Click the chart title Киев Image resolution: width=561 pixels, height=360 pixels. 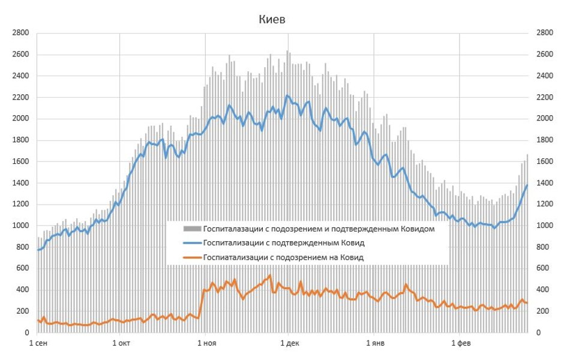pyautogui.click(x=272, y=20)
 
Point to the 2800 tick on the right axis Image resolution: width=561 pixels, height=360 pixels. pyautogui.click(x=545, y=33)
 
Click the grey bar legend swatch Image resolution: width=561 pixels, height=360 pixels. pyautogui.click(x=191, y=229)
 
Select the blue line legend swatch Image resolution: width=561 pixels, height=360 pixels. pyautogui.click(x=191, y=243)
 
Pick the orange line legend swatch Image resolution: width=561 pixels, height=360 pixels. pyautogui.click(x=191, y=257)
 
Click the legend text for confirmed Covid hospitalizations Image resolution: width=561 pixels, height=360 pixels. pyautogui.click(x=284, y=243)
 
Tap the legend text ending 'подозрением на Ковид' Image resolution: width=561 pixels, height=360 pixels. pyautogui.click(x=283, y=257)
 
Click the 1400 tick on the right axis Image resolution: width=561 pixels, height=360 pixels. pyautogui.click(x=545, y=183)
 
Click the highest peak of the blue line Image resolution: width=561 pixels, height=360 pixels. pyautogui.click(x=287, y=95)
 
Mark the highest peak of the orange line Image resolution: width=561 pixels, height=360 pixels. pyautogui.click(x=270, y=275)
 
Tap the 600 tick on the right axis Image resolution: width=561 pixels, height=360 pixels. pyautogui.click(x=543, y=268)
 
